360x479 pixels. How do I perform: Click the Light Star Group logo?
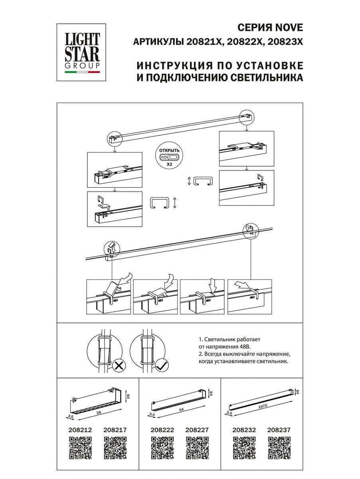tap(82, 49)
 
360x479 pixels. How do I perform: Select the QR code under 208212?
tap(81, 448)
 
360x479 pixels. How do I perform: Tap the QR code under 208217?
tap(115, 448)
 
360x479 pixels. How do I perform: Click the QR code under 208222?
tap(162, 448)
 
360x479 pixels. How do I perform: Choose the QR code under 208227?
tap(197, 448)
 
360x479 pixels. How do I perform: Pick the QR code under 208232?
tap(244, 448)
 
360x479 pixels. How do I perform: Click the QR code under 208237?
tap(279, 448)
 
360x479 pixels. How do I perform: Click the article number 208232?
tap(244, 430)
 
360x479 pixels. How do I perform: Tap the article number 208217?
tap(115, 430)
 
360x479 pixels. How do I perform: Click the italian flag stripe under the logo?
tap(82, 73)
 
